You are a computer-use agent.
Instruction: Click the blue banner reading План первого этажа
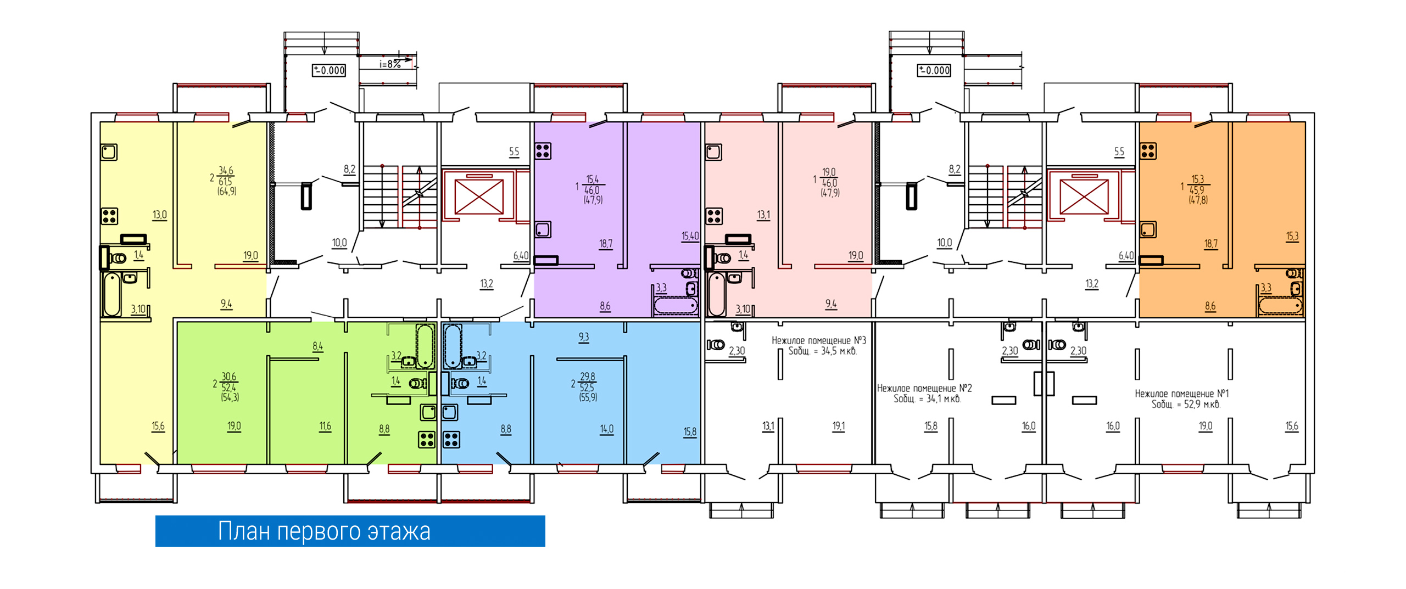(x=350, y=531)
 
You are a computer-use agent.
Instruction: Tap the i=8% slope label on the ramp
(x=390, y=64)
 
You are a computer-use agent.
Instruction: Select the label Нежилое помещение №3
(x=818, y=340)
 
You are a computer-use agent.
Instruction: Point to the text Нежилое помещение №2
(x=924, y=388)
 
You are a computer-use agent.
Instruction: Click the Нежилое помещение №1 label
(x=1182, y=394)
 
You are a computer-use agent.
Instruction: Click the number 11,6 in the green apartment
(x=325, y=426)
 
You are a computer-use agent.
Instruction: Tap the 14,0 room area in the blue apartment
(x=606, y=429)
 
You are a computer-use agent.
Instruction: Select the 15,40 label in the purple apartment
(x=690, y=236)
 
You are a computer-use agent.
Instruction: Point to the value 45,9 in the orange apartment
(x=1196, y=190)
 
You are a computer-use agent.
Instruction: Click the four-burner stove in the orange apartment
(x=1148, y=150)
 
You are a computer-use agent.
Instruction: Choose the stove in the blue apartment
(x=451, y=440)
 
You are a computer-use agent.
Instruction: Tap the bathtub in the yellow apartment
(x=112, y=294)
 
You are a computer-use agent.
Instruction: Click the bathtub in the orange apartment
(x=1280, y=305)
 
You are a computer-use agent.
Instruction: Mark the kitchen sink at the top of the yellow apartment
(x=109, y=152)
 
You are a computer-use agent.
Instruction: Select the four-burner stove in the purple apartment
(x=543, y=150)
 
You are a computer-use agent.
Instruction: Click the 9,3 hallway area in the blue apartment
(x=583, y=337)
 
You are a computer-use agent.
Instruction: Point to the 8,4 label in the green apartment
(x=317, y=346)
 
